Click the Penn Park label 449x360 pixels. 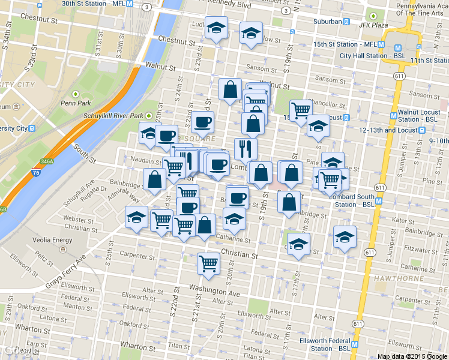75,103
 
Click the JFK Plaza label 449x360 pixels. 375,25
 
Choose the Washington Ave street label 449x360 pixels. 214,294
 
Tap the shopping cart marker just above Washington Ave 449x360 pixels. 208,263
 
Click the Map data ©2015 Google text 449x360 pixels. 412,356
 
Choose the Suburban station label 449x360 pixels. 327,22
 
